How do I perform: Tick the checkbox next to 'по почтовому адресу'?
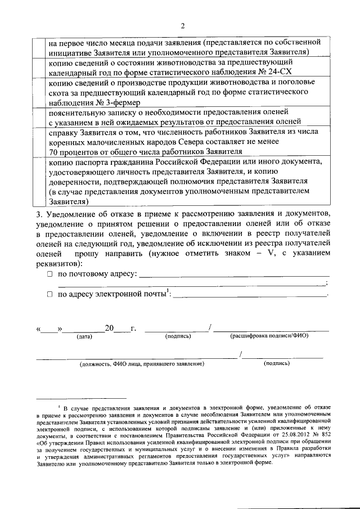pyautogui.click(x=49, y=274)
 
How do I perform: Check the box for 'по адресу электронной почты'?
pyautogui.click(x=49, y=294)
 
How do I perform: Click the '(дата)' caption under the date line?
pyautogui.click(x=84, y=336)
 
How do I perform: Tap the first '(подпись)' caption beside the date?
pyautogui.click(x=178, y=336)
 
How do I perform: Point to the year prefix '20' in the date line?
pyautogui.click(x=109, y=328)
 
